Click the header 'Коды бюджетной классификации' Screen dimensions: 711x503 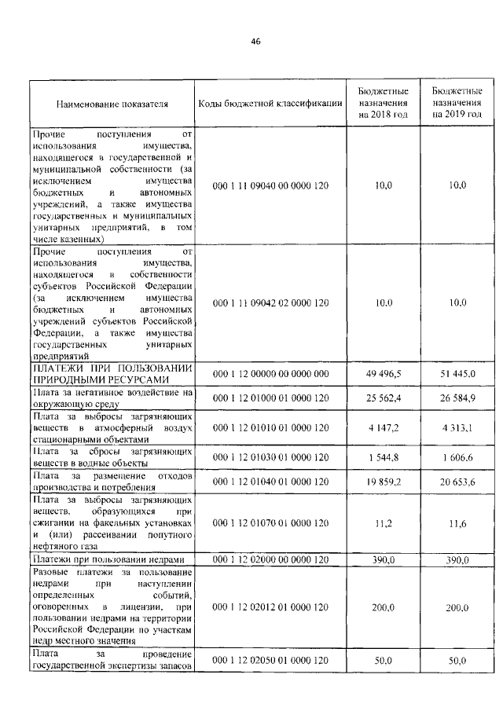click(270, 104)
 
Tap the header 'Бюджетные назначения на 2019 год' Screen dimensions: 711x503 click(457, 103)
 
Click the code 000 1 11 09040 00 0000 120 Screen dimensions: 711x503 click(270, 185)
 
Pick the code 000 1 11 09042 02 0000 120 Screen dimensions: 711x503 click(270, 302)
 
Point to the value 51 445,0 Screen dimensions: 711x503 click(457, 374)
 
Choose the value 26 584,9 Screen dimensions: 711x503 click(457, 398)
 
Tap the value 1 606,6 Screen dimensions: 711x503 click(457, 457)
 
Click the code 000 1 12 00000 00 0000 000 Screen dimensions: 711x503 click(270, 374)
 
